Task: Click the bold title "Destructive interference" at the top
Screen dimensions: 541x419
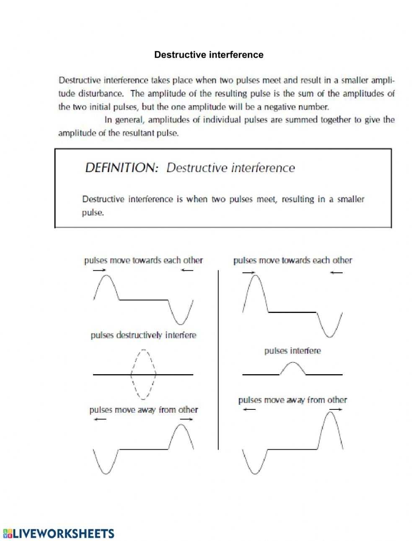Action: (209, 55)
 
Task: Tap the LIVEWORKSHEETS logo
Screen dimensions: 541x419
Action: (58, 533)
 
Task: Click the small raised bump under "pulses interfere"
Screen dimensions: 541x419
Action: (292, 368)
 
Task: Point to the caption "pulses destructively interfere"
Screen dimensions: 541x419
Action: (143, 335)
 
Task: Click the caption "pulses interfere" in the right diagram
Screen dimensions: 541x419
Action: (292, 351)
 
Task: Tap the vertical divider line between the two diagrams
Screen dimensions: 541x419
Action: (218, 360)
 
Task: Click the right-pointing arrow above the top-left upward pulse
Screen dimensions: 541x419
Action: (99, 270)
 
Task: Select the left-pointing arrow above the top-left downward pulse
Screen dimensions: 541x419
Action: (187, 270)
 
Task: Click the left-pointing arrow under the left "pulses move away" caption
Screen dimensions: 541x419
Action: (100, 419)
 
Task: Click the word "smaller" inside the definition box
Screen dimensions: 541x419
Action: (350, 199)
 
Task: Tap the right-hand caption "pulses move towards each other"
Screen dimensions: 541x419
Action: (292, 261)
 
